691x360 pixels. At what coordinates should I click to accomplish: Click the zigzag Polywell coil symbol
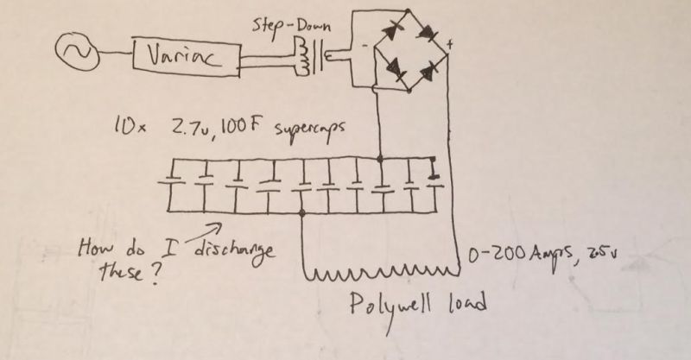(x=377, y=275)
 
